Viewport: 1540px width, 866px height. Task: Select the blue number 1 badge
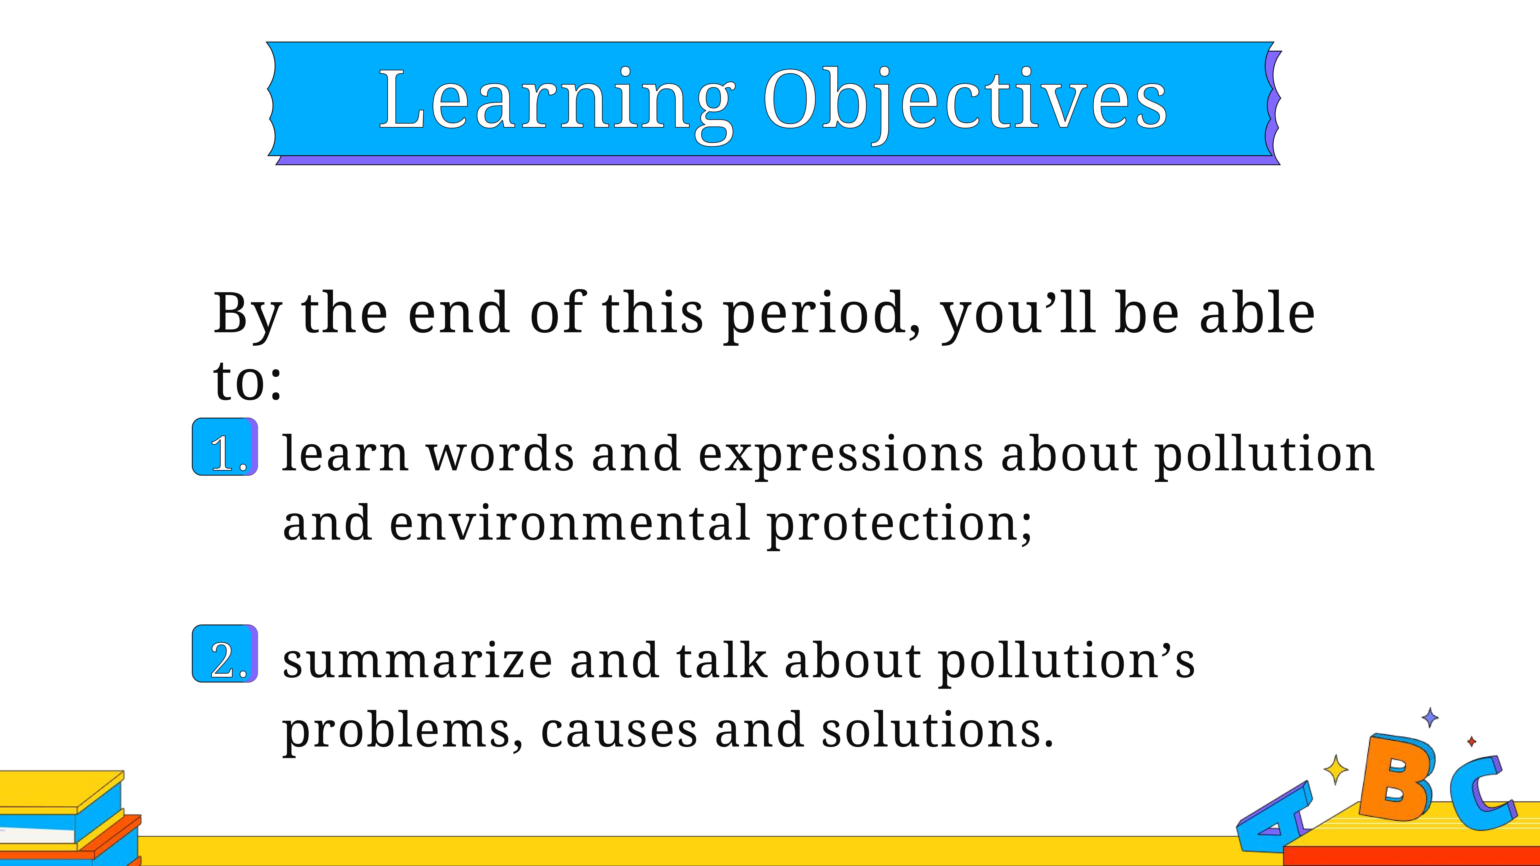pyautogui.click(x=225, y=446)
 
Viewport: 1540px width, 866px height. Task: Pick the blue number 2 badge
pyautogui.click(x=225, y=653)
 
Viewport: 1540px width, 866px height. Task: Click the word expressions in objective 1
pyautogui.click(x=840, y=456)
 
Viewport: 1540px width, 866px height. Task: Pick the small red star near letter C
pyautogui.click(x=1472, y=742)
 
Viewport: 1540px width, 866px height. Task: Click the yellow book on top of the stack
pyautogui.click(x=60, y=789)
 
